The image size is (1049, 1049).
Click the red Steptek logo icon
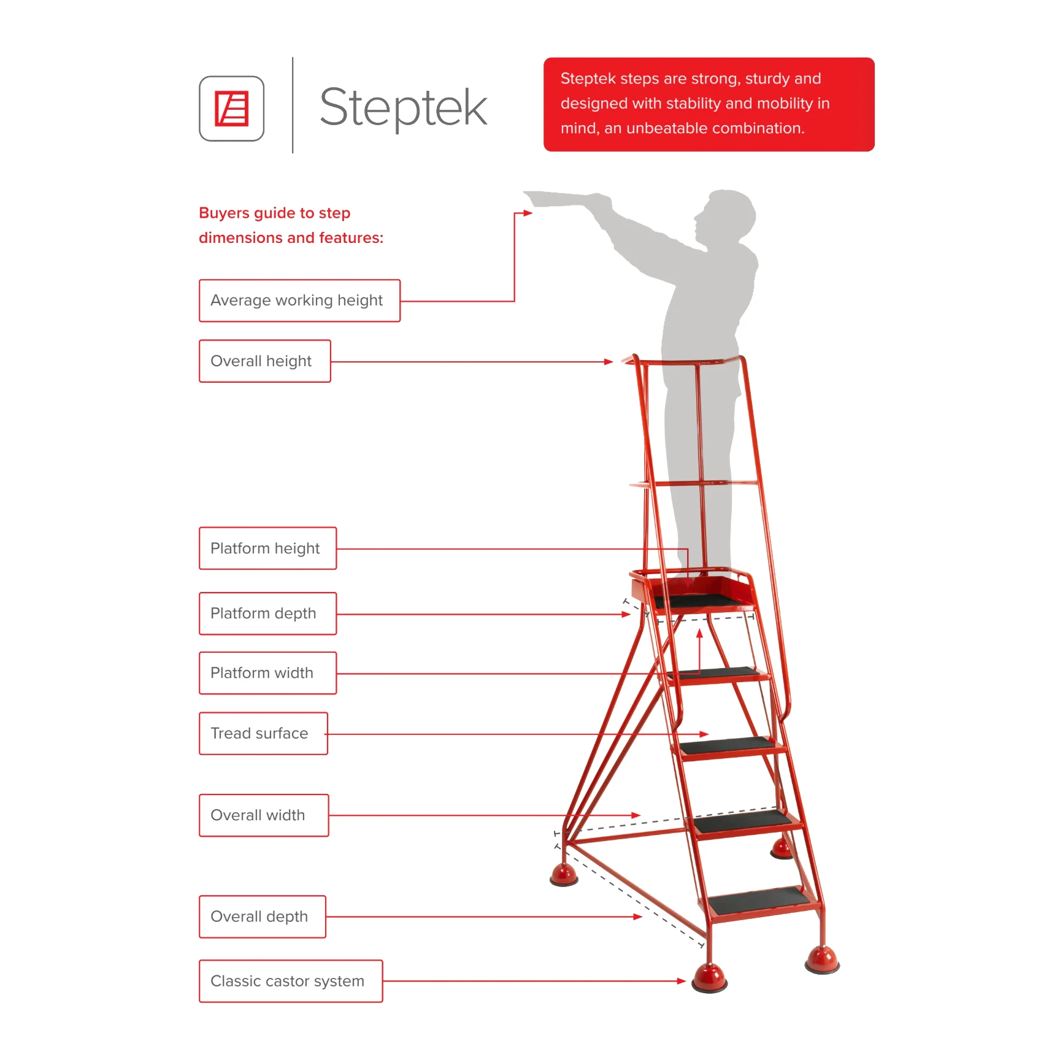(x=231, y=109)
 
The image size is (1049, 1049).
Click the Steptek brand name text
(x=403, y=107)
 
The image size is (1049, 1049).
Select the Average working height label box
(x=299, y=301)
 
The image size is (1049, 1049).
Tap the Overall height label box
(x=264, y=361)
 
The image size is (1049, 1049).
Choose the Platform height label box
(x=267, y=548)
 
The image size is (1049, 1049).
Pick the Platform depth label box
(x=267, y=613)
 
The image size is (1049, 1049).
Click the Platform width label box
(x=267, y=673)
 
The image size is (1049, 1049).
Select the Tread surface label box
(x=263, y=734)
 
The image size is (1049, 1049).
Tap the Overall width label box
(x=263, y=815)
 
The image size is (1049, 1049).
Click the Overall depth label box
(x=262, y=916)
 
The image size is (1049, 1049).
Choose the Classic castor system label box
(x=290, y=982)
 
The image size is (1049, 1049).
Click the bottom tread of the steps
(x=758, y=901)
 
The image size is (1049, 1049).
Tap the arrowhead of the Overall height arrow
(x=609, y=362)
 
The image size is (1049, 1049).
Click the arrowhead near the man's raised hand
(x=528, y=213)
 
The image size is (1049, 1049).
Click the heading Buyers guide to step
(x=274, y=213)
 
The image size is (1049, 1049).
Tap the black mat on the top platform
(x=699, y=599)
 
